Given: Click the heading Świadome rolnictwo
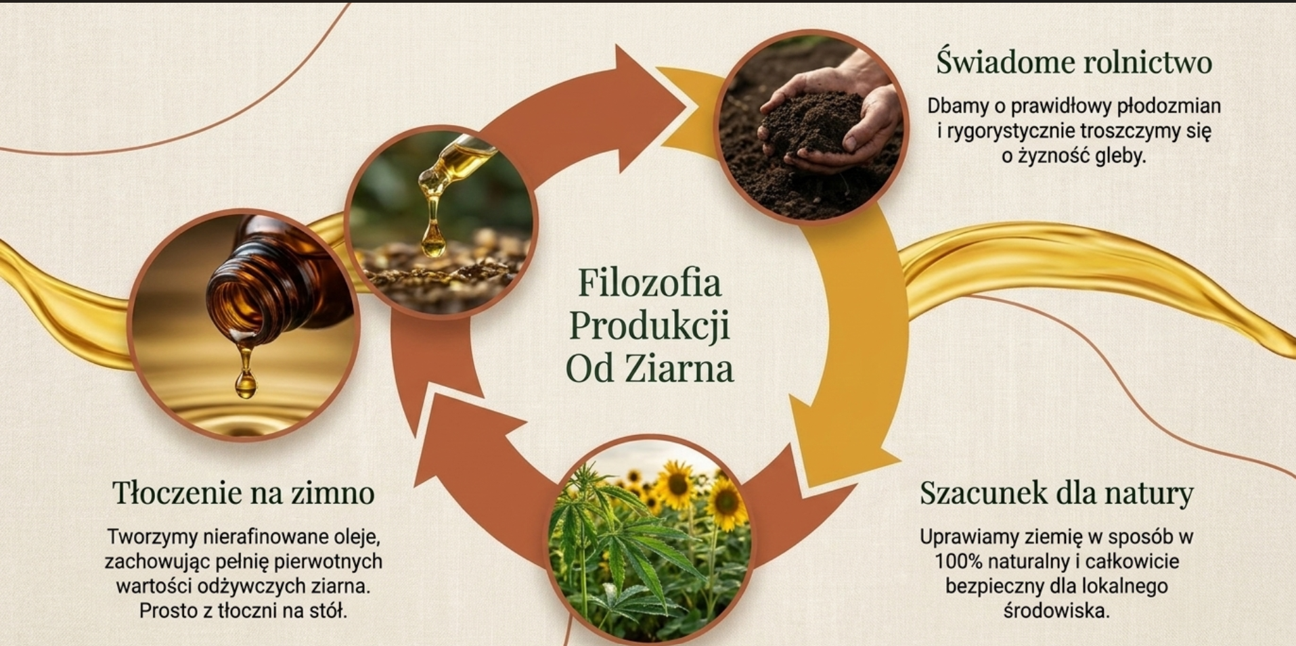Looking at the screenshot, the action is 1074,62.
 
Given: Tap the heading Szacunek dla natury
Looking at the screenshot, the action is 1056,493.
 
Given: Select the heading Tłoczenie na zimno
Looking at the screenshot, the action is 244,492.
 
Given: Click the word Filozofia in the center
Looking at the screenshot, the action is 649,283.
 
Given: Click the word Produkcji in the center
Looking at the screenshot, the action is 649,326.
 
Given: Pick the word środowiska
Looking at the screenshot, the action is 1056,611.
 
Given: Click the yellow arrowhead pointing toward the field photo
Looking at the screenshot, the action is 839,440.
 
